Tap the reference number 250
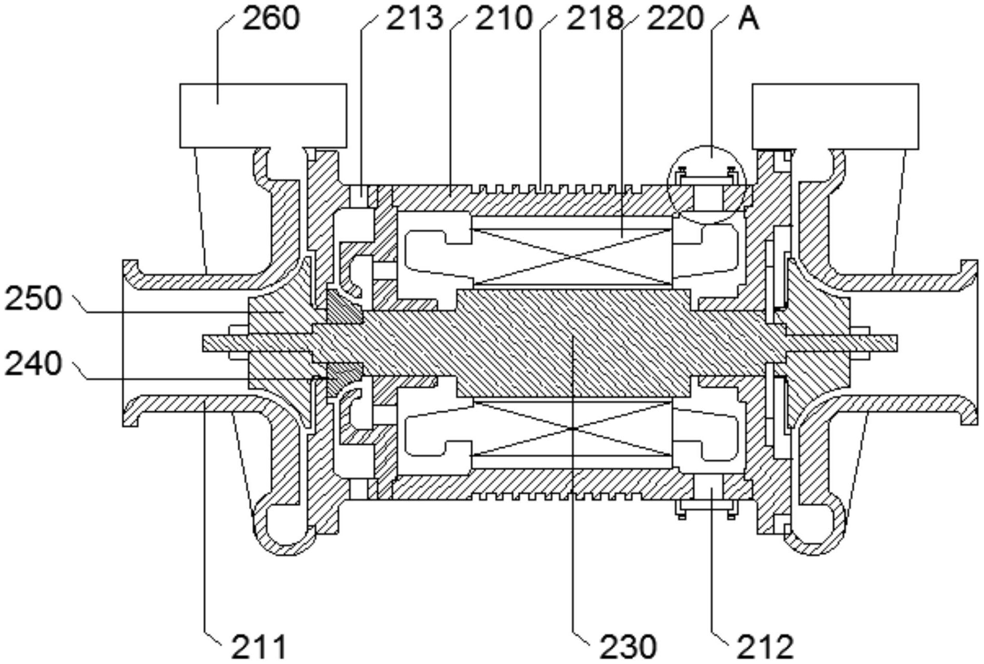click(x=33, y=299)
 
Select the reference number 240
click(x=33, y=363)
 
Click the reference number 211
click(x=259, y=647)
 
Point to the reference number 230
click(x=628, y=647)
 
